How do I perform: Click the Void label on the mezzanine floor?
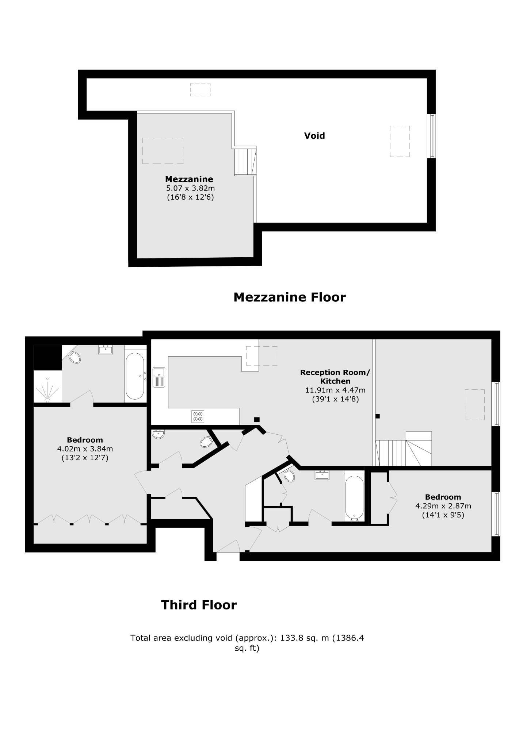tap(314, 136)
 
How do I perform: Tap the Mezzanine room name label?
tap(189, 179)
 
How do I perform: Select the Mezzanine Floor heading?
tap(289, 297)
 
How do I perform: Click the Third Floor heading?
tap(199, 605)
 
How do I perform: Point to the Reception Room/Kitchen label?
tap(335, 377)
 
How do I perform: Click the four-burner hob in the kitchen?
tap(198, 417)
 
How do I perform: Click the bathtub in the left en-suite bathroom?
tap(135, 376)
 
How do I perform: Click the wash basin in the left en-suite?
tap(106, 350)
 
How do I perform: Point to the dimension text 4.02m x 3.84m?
tap(85, 449)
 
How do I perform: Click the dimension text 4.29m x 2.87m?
tap(443, 506)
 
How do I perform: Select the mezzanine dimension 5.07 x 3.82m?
tap(190, 188)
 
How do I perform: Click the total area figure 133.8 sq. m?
tap(305, 638)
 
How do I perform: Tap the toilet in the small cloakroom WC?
tap(206, 442)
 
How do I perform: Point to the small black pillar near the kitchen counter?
tap(257, 420)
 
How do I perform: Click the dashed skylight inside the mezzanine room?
tap(163, 151)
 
